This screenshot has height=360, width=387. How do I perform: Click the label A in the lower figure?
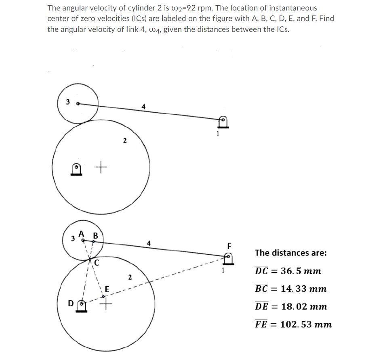(82, 233)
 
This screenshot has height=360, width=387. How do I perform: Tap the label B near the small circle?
(95, 235)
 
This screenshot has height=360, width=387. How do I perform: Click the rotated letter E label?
(107, 289)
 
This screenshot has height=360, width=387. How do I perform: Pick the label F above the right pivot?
(230, 245)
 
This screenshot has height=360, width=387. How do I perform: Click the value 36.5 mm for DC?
(301, 271)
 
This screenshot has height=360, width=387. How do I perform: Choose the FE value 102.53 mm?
(306, 324)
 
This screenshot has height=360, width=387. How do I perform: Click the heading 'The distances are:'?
(290, 253)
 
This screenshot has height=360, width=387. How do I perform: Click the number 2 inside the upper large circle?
(125, 141)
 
